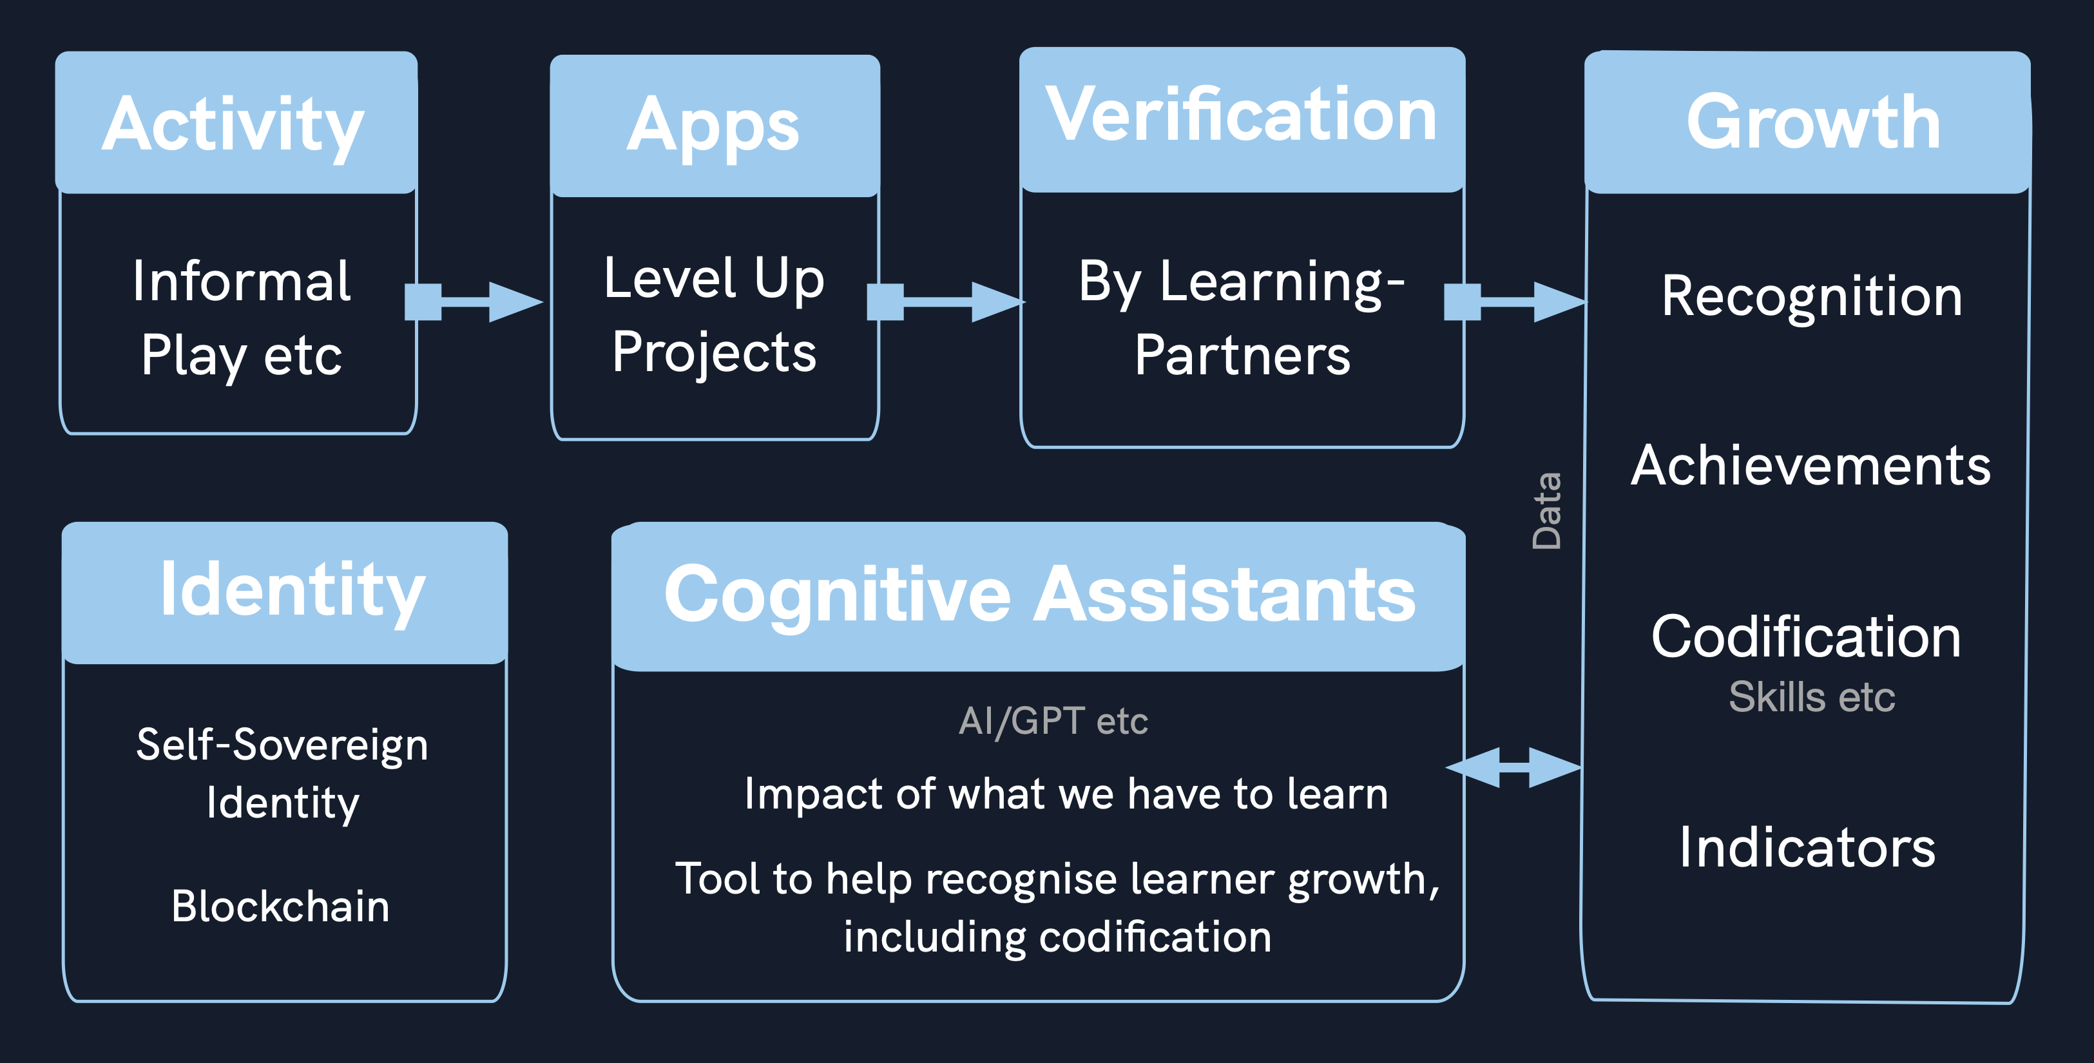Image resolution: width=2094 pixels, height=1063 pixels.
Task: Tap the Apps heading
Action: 714,126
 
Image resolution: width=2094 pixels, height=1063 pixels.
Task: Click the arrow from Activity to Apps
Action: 473,302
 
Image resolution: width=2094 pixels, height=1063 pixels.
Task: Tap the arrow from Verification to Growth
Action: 1513,302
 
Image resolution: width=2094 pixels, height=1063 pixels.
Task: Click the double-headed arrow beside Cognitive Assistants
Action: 1513,767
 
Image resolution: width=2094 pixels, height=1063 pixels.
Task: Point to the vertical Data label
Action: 1546,510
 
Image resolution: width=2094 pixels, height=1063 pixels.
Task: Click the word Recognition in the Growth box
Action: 1812,296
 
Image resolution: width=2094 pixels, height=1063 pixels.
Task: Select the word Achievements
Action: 1811,466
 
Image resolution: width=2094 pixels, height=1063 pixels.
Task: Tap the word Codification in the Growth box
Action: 1806,637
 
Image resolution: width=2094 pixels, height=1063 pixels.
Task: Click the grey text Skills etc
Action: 1811,696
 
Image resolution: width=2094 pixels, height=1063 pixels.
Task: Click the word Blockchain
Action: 280,906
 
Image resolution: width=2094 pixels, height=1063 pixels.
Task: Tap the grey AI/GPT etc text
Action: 1053,721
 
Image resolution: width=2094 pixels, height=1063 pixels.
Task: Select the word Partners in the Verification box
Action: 1242,355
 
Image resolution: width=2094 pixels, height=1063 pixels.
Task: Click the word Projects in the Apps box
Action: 714,352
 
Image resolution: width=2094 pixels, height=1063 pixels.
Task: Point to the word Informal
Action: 242,281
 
